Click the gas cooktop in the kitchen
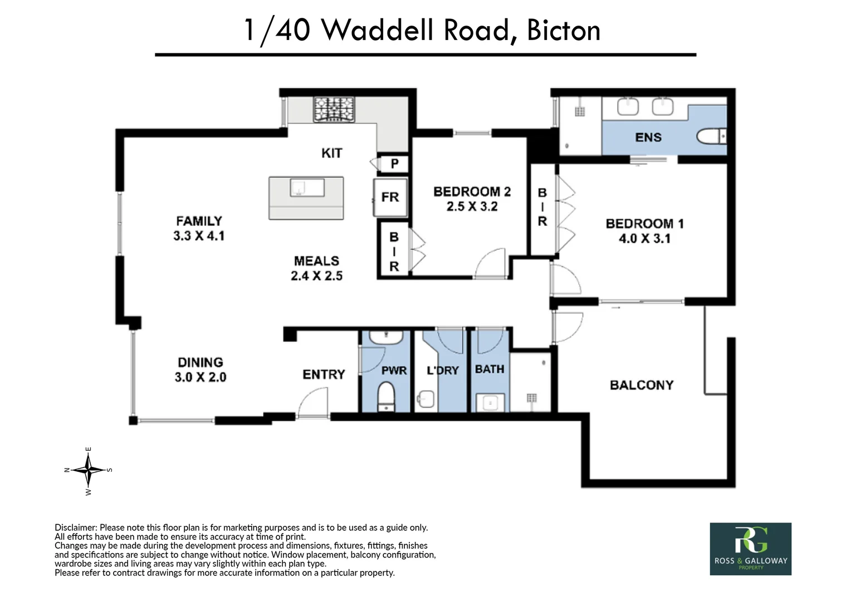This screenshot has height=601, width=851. (334, 109)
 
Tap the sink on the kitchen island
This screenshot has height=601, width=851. (307, 188)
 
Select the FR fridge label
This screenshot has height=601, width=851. (390, 197)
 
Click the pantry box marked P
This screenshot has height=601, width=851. (394, 164)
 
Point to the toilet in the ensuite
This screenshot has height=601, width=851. (711, 137)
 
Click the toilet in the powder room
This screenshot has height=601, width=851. (387, 397)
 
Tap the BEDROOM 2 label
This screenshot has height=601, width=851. (472, 192)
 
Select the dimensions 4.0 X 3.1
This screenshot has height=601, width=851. (644, 238)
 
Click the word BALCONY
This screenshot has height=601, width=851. (642, 385)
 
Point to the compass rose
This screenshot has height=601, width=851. (88, 471)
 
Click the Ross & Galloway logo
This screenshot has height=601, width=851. (750, 549)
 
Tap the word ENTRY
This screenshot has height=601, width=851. (324, 375)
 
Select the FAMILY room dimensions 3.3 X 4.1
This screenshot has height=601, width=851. (199, 236)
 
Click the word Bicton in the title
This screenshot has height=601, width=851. (564, 31)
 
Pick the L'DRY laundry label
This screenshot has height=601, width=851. (443, 370)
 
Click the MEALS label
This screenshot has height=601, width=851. (316, 261)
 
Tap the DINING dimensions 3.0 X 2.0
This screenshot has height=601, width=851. (200, 377)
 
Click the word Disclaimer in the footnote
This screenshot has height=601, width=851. (76, 528)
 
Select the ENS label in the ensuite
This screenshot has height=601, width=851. (648, 137)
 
